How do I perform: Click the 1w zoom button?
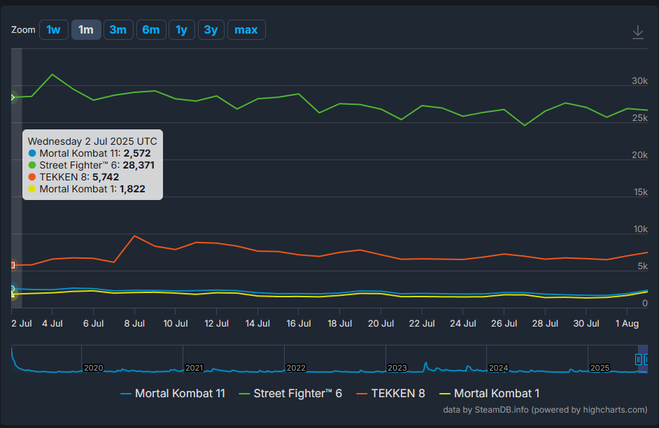54,30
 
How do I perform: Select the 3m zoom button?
118,30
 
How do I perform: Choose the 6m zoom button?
150,30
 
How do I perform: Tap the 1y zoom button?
181,30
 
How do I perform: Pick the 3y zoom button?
211,30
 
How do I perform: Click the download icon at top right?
637,32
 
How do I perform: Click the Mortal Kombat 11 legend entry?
173,394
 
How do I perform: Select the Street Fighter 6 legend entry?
290,394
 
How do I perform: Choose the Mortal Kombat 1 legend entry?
489,394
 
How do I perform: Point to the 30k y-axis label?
639,81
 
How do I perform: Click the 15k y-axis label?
639,192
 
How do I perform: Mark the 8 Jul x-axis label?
134,324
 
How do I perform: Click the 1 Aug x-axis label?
627,324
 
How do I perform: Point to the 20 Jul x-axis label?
381,324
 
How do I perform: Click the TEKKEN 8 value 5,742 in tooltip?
106,177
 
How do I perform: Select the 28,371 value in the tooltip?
139,165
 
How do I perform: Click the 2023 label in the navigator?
397,368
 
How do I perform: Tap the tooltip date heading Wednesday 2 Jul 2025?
92,141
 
